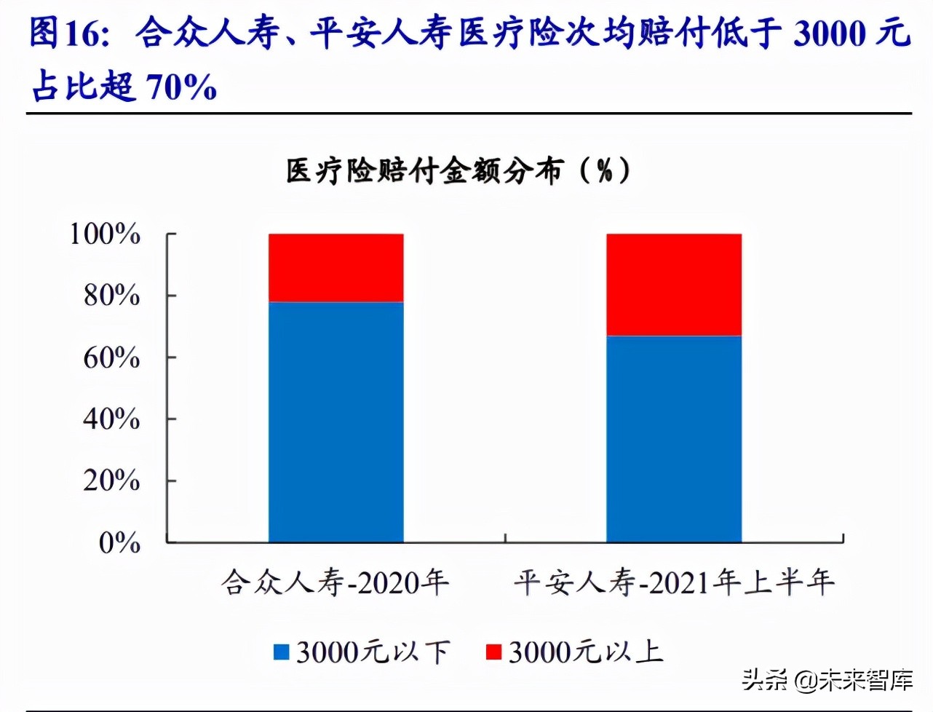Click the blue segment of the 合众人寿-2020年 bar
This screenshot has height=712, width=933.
(x=336, y=422)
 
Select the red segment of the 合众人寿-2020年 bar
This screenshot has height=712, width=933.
(x=336, y=267)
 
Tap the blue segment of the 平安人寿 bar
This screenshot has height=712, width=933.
(x=673, y=439)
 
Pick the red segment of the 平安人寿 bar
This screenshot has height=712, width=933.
(x=673, y=285)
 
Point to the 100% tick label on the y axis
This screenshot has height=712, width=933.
(x=105, y=234)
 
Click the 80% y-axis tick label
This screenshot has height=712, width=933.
(x=111, y=296)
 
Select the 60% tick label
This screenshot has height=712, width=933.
(x=111, y=357)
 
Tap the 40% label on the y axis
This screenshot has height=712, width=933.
(x=111, y=419)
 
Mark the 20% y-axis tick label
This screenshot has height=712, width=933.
(x=111, y=480)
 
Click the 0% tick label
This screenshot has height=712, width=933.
(x=119, y=542)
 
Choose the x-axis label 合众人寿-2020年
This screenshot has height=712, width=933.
(x=336, y=582)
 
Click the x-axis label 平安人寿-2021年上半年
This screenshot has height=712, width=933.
(x=673, y=582)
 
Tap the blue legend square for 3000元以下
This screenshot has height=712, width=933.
(x=281, y=652)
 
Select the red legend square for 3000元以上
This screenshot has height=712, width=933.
(x=493, y=652)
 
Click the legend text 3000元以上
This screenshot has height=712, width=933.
(x=586, y=652)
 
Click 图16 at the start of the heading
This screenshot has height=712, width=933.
(x=69, y=33)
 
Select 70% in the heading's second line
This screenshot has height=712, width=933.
(x=181, y=87)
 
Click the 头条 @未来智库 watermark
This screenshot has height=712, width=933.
(x=827, y=680)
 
